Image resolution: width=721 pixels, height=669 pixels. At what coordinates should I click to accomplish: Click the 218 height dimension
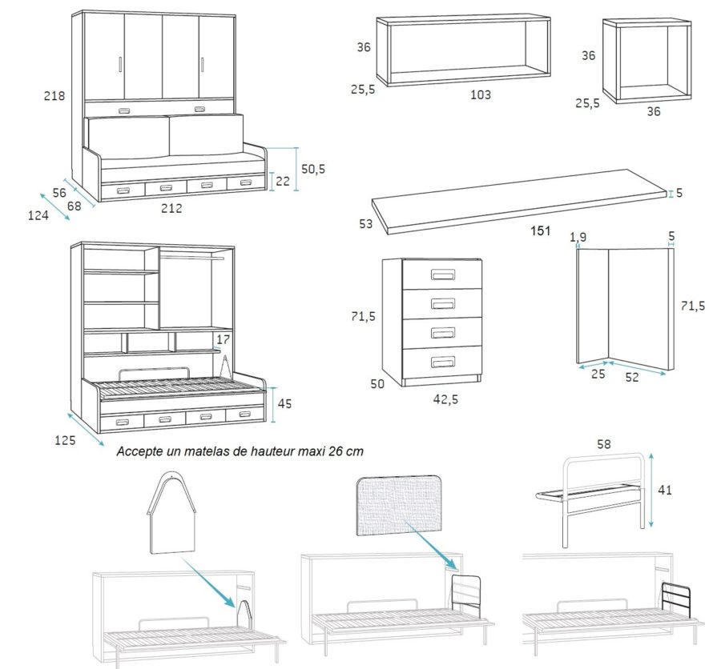(x=54, y=96)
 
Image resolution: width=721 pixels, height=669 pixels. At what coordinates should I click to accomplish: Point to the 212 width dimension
(x=171, y=209)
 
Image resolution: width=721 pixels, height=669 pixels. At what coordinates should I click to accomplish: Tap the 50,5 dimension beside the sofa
(x=312, y=169)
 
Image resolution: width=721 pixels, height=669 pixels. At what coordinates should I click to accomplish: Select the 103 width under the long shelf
(x=480, y=94)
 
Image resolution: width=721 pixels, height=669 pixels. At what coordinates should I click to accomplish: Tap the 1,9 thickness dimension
(x=578, y=237)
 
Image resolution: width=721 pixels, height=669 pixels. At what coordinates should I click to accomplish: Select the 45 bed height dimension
(x=284, y=404)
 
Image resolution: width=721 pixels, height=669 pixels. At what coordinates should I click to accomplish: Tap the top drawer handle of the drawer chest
(x=443, y=275)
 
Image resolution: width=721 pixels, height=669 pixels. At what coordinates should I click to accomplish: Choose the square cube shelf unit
(x=646, y=62)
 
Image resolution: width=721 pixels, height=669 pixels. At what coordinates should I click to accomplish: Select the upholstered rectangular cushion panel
(x=399, y=506)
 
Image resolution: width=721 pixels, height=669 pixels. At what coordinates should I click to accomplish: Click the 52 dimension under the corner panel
(x=632, y=377)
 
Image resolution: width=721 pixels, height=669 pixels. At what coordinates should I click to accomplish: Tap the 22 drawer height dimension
(x=283, y=182)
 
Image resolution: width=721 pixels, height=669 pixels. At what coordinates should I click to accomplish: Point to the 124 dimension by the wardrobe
(x=38, y=215)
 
